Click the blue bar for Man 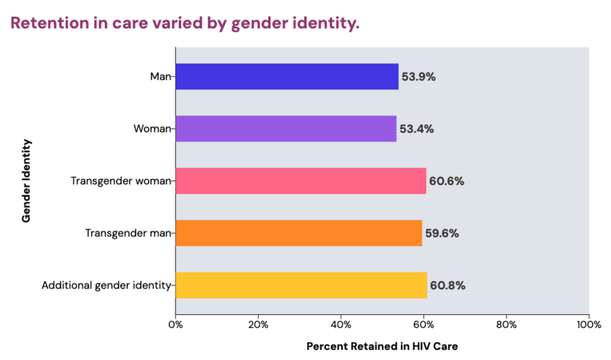point(286,76)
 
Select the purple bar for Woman point(286,128)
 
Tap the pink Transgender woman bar point(300,181)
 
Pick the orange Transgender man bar point(299,233)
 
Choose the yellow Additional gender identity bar point(301,285)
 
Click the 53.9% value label point(419,76)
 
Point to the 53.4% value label point(416,128)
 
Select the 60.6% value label point(447,181)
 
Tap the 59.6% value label point(441,233)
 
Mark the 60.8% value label point(448,285)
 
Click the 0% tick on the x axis point(176,323)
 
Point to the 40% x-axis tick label point(341,323)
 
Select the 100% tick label point(588,323)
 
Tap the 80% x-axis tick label point(506,323)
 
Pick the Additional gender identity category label point(107,285)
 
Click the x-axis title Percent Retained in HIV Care point(382,346)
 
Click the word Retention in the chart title point(48,24)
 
